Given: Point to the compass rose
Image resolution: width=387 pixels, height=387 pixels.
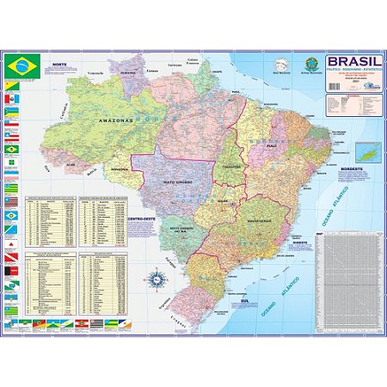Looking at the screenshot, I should click(157, 278).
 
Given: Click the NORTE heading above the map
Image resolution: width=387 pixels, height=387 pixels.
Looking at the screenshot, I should click(58, 65).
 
